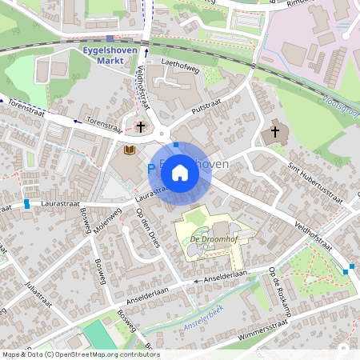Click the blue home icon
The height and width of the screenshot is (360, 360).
180,172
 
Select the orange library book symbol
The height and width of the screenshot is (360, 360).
129,150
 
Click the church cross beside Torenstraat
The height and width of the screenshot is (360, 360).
141,126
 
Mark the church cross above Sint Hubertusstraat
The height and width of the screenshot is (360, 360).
275,131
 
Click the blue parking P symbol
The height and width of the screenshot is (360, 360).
150,170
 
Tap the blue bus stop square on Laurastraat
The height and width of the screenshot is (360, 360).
27,204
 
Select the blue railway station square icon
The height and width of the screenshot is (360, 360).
110,38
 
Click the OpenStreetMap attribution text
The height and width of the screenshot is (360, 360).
80,354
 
